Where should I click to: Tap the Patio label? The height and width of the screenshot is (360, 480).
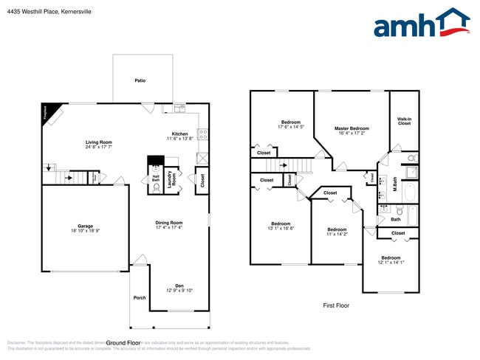point(140,80)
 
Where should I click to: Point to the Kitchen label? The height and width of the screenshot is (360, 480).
point(179,134)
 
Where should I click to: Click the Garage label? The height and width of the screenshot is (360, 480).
point(85,226)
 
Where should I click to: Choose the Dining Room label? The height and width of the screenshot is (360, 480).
point(168,222)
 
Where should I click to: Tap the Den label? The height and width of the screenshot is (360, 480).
point(179,285)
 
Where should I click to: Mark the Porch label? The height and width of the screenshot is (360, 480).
point(140,298)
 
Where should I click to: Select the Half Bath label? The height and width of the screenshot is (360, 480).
point(156,178)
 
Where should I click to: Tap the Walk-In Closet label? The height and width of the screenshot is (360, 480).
point(404,121)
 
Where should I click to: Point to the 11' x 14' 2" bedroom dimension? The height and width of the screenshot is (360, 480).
point(337,235)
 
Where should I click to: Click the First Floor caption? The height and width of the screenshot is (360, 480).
point(336,305)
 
